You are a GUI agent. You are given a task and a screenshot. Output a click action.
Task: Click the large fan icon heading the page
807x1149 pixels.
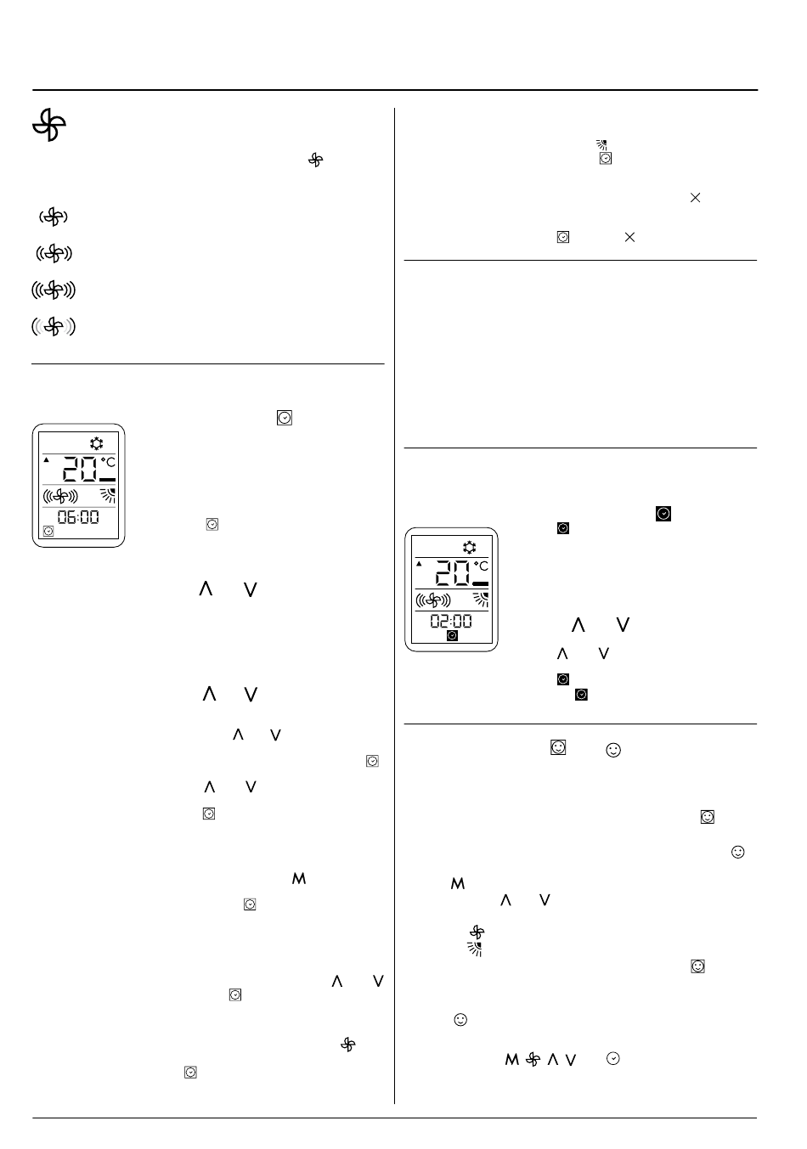click(x=49, y=127)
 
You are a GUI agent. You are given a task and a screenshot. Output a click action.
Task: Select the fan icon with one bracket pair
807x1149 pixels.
click(x=53, y=217)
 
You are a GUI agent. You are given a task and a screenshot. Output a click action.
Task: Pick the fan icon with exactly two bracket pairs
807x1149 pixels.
click(x=54, y=253)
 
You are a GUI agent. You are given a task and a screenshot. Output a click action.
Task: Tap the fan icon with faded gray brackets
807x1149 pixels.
click(x=54, y=326)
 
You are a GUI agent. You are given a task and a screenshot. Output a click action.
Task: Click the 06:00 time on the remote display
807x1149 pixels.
click(x=78, y=516)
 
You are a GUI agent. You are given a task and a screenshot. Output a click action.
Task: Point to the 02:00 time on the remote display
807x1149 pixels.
click(x=450, y=621)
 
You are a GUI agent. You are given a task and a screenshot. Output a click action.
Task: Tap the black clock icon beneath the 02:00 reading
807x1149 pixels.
click(x=452, y=635)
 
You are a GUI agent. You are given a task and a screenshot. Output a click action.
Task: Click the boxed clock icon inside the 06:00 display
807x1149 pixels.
click(x=48, y=532)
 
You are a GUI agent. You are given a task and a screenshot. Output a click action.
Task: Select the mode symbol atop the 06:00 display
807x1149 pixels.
click(x=96, y=443)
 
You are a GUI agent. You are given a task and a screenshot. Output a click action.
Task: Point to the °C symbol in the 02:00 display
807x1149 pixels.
click(x=481, y=566)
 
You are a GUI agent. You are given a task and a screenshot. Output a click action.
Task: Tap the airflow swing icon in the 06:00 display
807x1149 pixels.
click(x=108, y=497)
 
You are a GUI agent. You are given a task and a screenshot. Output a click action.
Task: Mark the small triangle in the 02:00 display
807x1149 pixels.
click(x=419, y=564)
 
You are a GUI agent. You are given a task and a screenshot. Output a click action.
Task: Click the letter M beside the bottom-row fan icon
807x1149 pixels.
click(x=512, y=1059)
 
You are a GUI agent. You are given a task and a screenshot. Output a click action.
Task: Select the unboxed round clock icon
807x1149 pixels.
click(x=614, y=1058)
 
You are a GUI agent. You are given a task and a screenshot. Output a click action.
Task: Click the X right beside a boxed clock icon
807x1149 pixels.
click(x=629, y=238)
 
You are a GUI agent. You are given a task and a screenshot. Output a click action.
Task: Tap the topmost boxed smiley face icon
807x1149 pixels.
click(x=558, y=747)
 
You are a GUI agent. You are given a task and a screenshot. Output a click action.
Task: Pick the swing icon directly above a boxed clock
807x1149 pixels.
click(x=601, y=145)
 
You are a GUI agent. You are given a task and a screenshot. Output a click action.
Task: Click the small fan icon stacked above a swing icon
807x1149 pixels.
click(x=477, y=932)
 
